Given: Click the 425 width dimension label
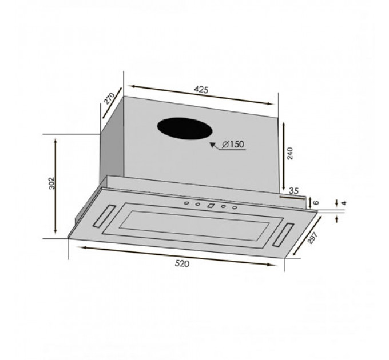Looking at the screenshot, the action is pyautogui.click(x=201, y=90).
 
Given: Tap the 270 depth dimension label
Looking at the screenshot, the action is pyautogui.click(x=109, y=99).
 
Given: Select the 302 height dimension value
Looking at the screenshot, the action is pyautogui.click(x=51, y=183).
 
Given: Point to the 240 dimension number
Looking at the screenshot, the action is pyautogui.click(x=290, y=153).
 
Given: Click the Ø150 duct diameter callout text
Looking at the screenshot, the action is pyautogui.click(x=233, y=144).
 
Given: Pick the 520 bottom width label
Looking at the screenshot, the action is pyautogui.click(x=182, y=263).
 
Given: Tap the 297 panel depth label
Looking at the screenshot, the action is pyautogui.click(x=312, y=238).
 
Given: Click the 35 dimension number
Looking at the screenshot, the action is pyautogui.click(x=293, y=191).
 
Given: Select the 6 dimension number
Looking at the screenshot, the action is pyautogui.click(x=316, y=202).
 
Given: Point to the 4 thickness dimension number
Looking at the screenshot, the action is pyautogui.click(x=344, y=203).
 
